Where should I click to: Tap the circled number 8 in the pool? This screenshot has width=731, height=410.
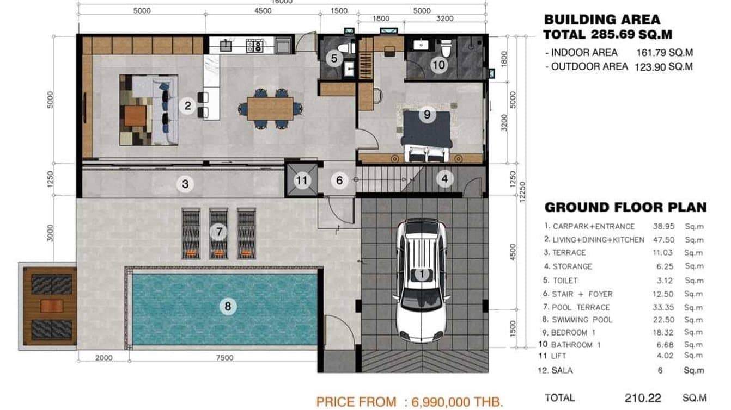(x=228, y=307)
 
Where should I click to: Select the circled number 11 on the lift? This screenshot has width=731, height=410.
(x=302, y=180)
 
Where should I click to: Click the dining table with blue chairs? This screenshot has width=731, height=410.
(x=270, y=108)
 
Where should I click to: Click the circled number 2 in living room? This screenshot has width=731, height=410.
(x=188, y=105)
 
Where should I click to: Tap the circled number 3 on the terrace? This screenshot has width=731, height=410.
(x=185, y=184)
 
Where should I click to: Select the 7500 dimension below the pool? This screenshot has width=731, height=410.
(x=224, y=358)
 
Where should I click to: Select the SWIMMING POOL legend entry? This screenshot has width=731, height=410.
(x=582, y=320)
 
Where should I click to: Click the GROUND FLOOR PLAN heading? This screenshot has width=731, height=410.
(x=625, y=207)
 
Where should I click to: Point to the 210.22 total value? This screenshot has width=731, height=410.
(x=643, y=398)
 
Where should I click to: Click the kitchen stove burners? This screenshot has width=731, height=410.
(x=254, y=46)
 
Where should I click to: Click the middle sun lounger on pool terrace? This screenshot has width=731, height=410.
(x=218, y=234)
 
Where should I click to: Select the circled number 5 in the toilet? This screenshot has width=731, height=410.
(x=334, y=58)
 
